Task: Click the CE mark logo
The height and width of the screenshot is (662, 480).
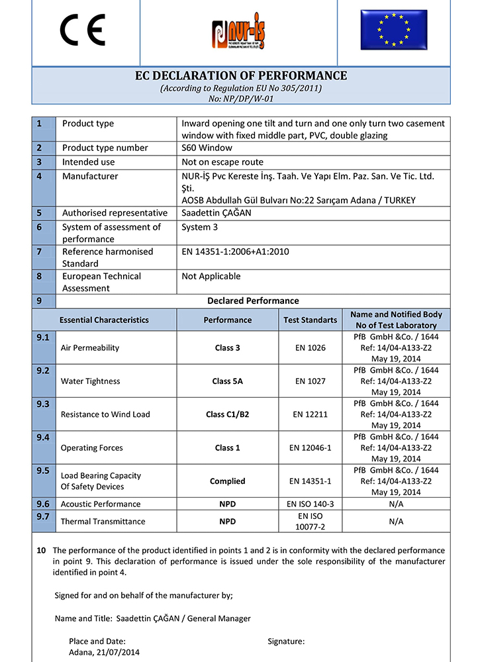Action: tap(83, 30)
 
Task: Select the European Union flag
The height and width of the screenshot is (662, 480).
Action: tap(394, 30)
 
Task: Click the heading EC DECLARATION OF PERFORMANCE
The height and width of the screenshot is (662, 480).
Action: tap(240, 76)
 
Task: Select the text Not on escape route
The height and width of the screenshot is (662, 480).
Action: tap(222, 162)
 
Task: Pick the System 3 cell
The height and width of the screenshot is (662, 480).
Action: tap(199, 227)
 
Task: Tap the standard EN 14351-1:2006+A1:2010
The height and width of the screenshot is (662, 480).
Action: tap(235, 252)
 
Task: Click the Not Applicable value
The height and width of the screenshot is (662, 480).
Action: tap(211, 276)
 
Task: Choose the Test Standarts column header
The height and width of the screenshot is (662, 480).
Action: tap(310, 320)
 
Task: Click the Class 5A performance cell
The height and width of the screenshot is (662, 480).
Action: tap(227, 381)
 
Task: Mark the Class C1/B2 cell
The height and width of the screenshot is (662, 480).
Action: tap(227, 414)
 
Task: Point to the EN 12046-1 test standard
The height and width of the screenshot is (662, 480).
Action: tap(310, 448)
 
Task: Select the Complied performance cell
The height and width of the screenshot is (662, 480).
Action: tap(227, 481)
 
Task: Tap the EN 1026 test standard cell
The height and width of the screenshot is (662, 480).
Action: tap(310, 348)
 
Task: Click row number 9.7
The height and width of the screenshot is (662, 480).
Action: tap(43, 516)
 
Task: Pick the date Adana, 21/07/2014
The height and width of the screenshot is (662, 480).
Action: tap(104, 652)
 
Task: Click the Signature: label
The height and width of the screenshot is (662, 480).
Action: tap(286, 641)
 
